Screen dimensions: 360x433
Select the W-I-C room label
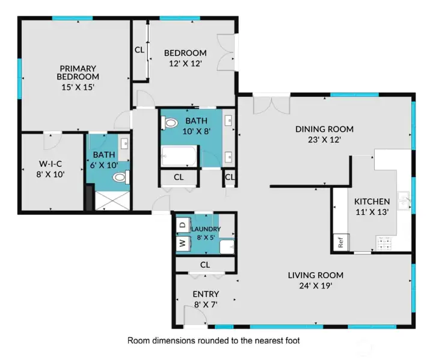pyautogui.click(x=52, y=163)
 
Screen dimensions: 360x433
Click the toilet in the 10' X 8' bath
pyautogui.click(x=170, y=123)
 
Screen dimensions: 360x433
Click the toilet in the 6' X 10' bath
pyautogui.click(x=120, y=177)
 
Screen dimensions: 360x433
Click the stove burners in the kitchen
pyautogui.click(x=384, y=244)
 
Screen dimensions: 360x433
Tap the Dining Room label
pyautogui.click(x=324, y=129)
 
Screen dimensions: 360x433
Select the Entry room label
pyautogui.click(x=206, y=294)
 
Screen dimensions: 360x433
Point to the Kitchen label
pyautogui.click(x=372, y=201)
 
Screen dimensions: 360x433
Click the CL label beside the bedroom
pyautogui.click(x=140, y=50)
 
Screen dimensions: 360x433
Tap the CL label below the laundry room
pyautogui.click(x=204, y=264)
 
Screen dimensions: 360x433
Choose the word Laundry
pyautogui.click(x=206, y=229)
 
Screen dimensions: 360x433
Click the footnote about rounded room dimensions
pyautogui.click(x=213, y=340)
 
